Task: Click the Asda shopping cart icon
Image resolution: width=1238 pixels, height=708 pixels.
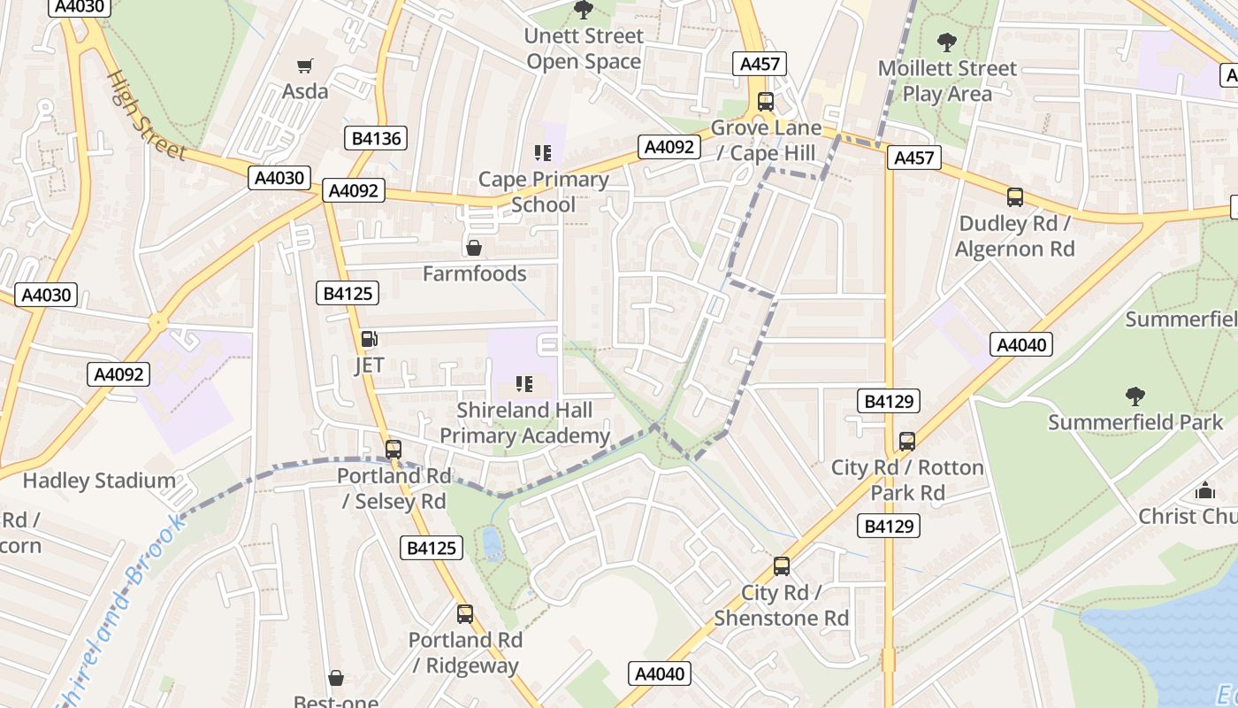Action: [x=305, y=65]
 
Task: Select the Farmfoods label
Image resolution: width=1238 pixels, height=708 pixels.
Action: [x=475, y=273]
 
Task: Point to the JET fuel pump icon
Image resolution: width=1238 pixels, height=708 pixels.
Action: [x=369, y=338]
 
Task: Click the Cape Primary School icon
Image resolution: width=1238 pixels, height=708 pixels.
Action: [x=543, y=153]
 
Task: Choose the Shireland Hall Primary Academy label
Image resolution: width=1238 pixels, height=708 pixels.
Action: [x=524, y=423]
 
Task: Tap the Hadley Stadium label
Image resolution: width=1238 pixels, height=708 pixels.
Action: [x=99, y=481]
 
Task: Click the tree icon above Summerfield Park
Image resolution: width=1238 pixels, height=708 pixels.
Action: [x=1135, y=396]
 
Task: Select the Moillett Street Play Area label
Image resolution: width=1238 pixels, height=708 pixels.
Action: [x=947, y=81]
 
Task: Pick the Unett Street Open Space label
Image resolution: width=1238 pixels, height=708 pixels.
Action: [x=584, y=49]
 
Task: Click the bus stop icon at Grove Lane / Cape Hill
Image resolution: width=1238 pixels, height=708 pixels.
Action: [x=766, y=101]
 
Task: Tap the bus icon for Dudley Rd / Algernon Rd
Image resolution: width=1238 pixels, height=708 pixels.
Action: [x=1015, y=197]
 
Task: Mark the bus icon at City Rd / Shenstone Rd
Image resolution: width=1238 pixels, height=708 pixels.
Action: [x=782, y=566]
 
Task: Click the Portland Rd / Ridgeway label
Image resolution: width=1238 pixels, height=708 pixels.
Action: [x=465, y=652]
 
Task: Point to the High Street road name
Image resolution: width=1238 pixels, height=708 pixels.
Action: [x=146, y=116]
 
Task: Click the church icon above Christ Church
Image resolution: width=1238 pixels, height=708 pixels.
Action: [x=1205, y=490]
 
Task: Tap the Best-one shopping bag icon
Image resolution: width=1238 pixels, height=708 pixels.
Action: [x=336, y=679]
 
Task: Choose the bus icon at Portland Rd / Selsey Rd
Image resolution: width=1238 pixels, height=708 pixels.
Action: [x=394, y=450]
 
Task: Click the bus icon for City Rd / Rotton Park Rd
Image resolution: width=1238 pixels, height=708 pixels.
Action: [x=907, y=441]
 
